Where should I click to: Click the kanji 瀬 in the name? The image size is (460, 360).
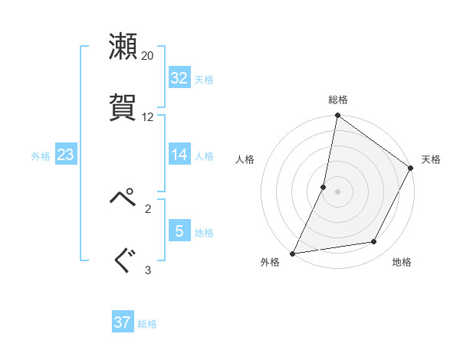point(123,46)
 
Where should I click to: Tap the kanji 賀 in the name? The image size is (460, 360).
point(123,106)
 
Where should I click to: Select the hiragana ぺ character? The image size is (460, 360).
point(123,198)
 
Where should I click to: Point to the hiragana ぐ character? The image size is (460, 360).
point(123,260)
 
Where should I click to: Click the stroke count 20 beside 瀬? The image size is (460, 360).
point(148,56)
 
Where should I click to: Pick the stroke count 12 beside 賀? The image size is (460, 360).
point(148,117)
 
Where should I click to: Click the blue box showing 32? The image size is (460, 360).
point(179,78)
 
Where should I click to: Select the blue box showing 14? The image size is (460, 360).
point(179,155)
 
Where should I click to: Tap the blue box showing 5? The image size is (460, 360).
point(179,231)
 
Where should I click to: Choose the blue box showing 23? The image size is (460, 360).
point(65,155)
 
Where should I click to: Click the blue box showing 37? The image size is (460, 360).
point(122,322)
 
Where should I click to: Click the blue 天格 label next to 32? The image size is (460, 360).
point(204,79)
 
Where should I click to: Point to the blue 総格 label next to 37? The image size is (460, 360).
point(147,323)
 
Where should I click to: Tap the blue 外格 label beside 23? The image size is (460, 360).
point(41,155)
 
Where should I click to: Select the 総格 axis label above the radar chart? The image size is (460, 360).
point(338,100)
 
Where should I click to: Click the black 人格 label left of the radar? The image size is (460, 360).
point(245,159)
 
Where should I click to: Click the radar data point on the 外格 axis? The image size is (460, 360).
point(293,254)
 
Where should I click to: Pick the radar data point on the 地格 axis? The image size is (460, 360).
point(374,242)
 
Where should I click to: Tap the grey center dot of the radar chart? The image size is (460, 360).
point(338,191)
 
